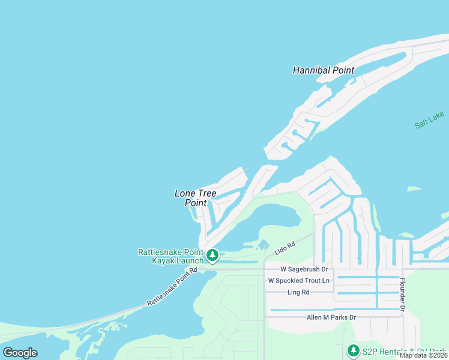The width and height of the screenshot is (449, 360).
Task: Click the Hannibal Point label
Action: tap(323, 70)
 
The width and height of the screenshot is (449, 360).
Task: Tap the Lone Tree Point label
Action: tap(195, 198)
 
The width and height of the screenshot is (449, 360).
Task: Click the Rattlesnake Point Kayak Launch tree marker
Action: tap(212, 256)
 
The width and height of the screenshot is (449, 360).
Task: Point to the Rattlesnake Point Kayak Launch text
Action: tap(170, 257)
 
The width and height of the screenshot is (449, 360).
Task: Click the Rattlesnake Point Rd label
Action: tap(172, 288)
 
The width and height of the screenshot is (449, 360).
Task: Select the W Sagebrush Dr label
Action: tap(298, 269)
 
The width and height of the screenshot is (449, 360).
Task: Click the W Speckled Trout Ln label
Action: tap(298, 281)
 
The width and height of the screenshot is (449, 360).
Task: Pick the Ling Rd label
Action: tap(298, 292)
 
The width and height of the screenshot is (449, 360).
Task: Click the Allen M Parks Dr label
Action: tap(331, 317)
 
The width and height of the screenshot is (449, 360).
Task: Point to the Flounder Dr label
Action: tap(403, 295)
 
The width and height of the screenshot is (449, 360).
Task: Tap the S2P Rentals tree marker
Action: tap(353, 350)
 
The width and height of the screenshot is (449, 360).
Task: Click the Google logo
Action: tap(20, 353)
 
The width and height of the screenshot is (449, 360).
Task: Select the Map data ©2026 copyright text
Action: tap(424, 355)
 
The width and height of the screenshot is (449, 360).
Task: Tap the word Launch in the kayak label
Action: tap(186, 261)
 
